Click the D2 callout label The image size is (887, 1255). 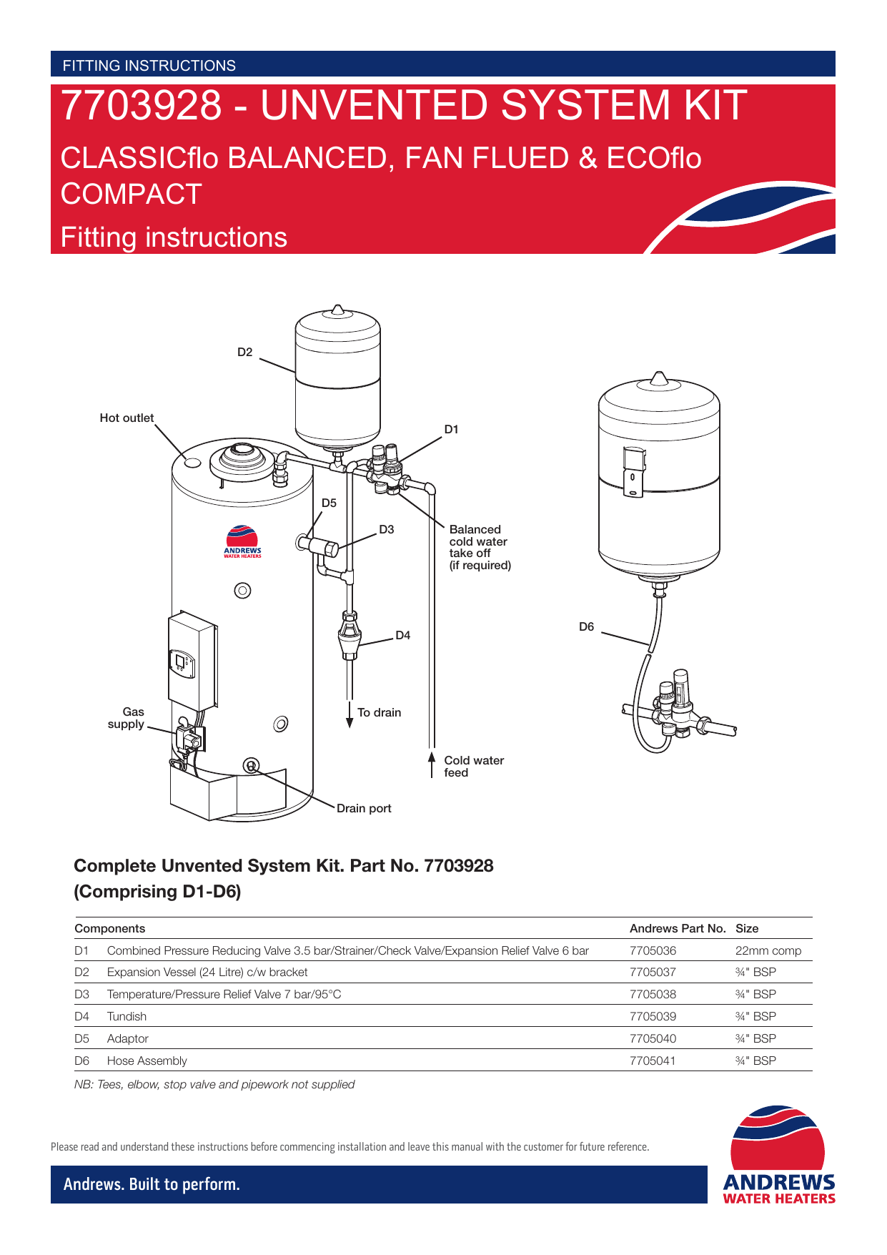245,353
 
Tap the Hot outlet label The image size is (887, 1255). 127,418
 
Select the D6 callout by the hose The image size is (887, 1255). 586,627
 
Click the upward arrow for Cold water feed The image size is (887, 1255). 432,763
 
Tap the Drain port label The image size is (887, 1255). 364,809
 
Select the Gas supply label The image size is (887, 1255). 127,718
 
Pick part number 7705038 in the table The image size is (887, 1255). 653,995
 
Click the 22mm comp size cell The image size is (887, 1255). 768,951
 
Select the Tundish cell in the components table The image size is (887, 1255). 127,1017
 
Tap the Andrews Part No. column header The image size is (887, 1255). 677,929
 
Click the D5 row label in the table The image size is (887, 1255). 82,1039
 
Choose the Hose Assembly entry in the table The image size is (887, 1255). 147,1061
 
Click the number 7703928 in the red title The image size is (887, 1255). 142,106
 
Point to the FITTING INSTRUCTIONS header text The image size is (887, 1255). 149,66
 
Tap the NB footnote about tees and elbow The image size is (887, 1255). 214,1085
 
